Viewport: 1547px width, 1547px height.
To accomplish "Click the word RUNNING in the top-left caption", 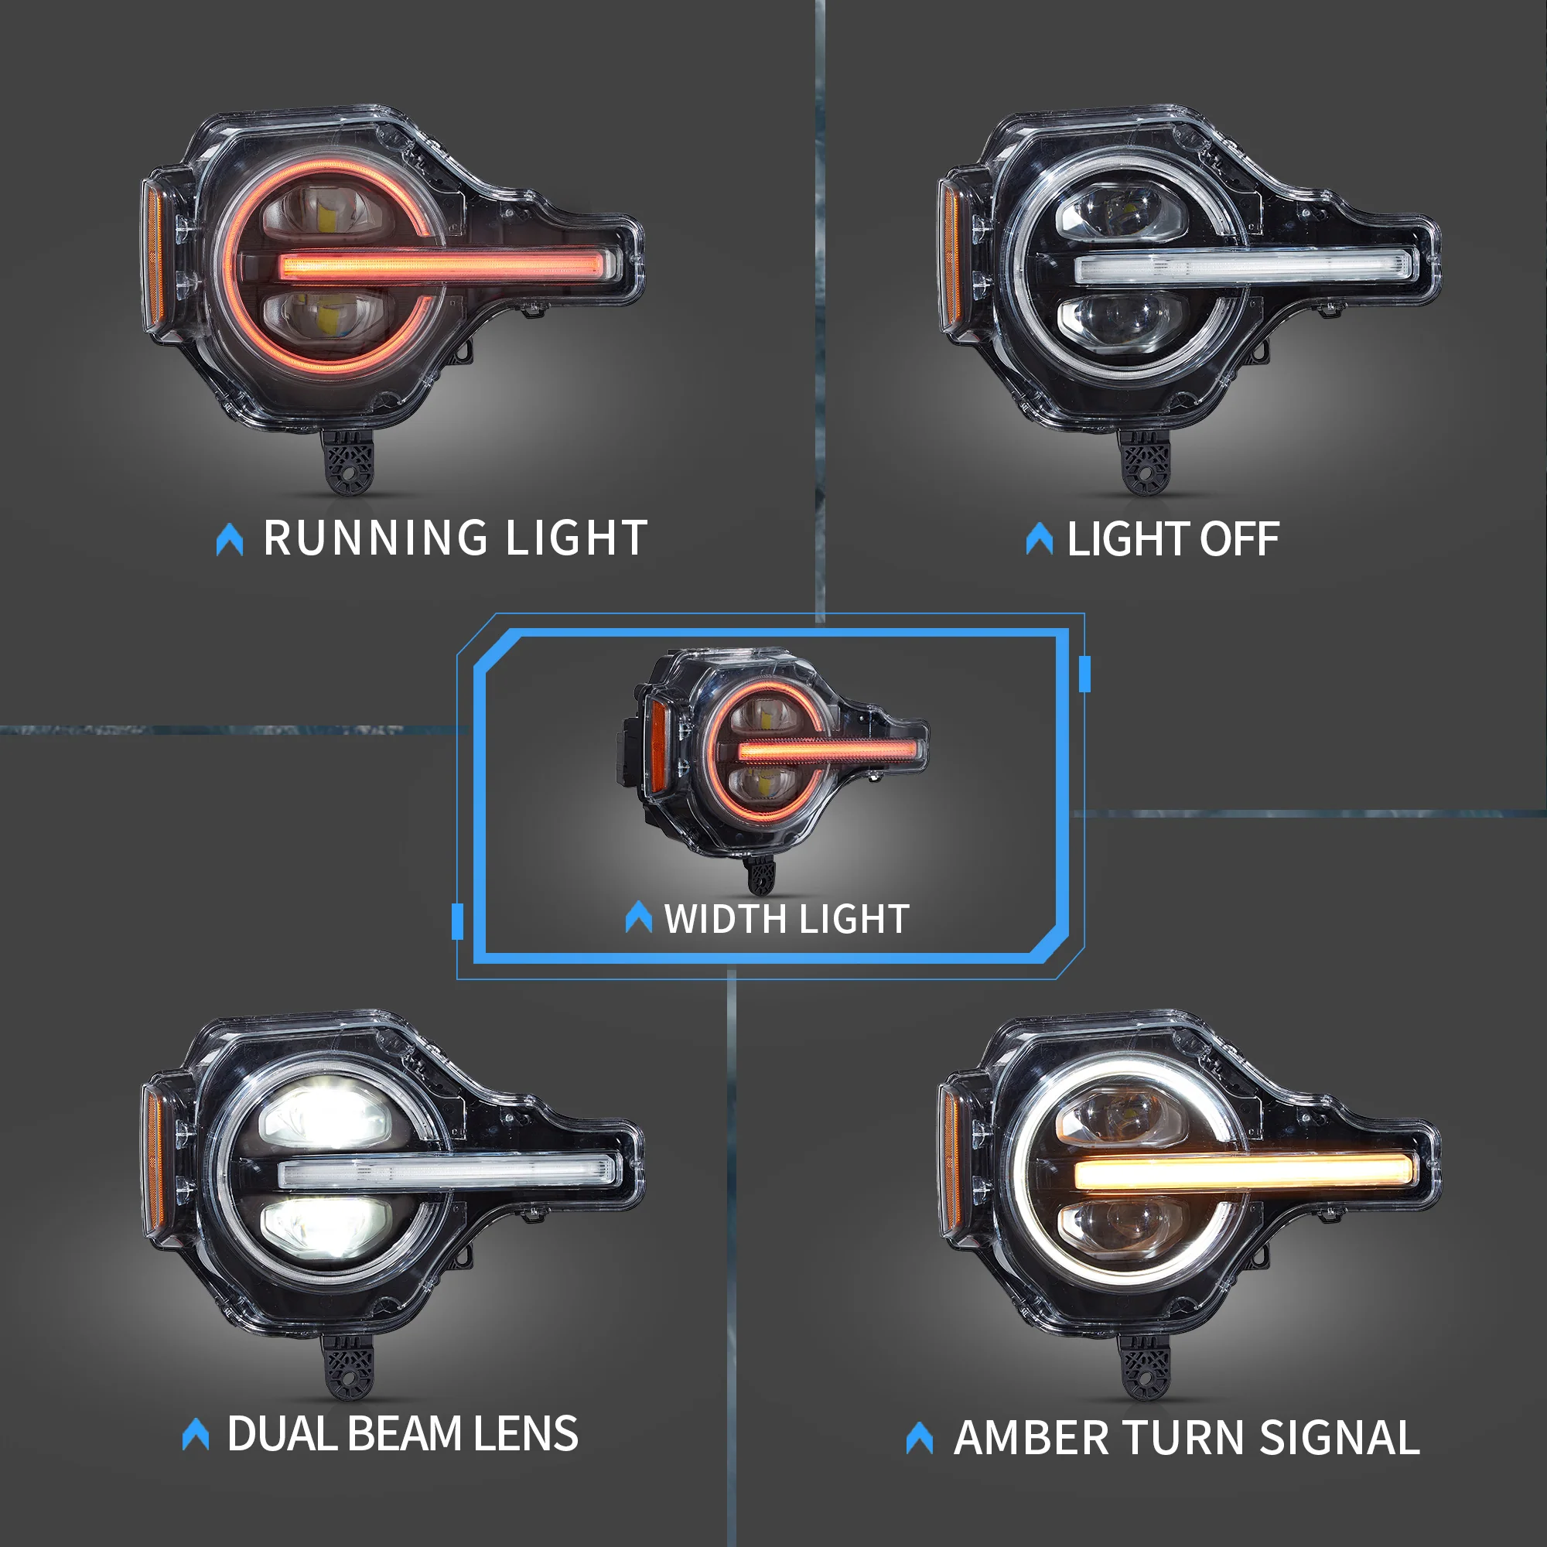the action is pyautogui.click(x=376, y=538).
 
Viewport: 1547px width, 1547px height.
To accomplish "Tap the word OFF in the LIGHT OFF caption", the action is pyautogui.click(x=1238, y=539).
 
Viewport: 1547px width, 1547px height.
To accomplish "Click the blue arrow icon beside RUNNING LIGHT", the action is pyautogui.click(x=230, y=539).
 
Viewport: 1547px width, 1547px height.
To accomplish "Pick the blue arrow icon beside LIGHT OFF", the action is pyautogui.click(x=1040, y=538).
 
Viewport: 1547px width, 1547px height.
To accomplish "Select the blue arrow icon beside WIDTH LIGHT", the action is pyautogui.click(x=638, y=917).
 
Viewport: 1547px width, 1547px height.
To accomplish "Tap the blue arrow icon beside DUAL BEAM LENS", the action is pyautogui.click(x=196, y=1433).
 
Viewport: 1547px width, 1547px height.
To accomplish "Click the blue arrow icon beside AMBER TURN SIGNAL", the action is pyautogui.click(x=919, y=1438).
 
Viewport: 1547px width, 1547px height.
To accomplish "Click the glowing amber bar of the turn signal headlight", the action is pyautogui.click(x=1244, y=1173).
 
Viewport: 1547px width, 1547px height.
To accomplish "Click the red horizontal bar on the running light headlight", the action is pyautogui.click(x=449, y=265).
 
